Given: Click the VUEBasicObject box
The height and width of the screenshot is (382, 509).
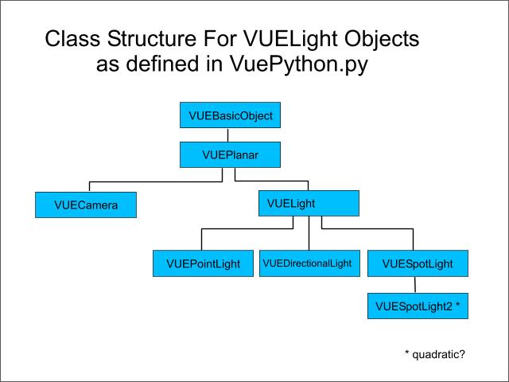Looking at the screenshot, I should [231, 116].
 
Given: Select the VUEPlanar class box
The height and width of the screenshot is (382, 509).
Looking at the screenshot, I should [230, 154].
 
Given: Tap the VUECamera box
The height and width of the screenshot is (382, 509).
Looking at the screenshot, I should [86, 205].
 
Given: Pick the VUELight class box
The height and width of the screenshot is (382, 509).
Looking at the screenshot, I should [309, 204].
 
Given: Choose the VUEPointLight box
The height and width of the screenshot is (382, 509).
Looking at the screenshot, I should [203, 263].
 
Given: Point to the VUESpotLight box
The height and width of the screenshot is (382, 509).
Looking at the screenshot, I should [418, 263].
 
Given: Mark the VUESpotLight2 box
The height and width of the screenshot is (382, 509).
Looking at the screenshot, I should [418, 305].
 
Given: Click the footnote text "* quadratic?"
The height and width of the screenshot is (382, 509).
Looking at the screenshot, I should [434, 353].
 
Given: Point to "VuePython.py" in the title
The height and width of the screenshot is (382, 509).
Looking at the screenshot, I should [310, 64].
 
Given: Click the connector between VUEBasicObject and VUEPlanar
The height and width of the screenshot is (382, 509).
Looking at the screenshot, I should [229, 135].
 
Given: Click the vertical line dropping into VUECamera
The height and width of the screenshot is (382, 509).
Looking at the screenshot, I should [90, 186].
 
